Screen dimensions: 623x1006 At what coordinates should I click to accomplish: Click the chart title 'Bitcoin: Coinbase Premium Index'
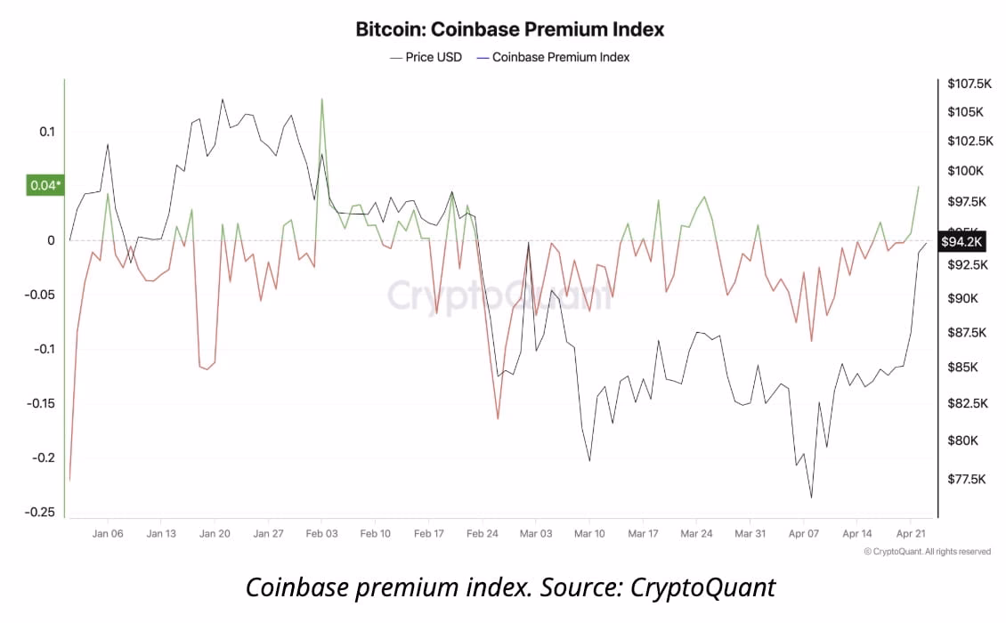click(510, 29)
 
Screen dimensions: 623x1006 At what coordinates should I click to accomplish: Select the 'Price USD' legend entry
click(426, 57)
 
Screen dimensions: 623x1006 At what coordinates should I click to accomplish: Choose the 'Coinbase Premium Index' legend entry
click(553, 57)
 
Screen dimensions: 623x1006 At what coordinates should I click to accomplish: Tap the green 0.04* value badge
click(45, 185)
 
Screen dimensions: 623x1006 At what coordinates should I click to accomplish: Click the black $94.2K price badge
click(961, 241)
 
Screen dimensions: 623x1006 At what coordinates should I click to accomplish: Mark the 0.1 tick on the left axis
click(45, 132)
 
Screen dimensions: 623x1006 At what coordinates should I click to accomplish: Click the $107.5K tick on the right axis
click(969, 84)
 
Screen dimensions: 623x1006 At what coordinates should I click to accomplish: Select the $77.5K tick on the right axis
click(966, 480)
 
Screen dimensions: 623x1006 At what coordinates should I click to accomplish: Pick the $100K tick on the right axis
click(964, 171)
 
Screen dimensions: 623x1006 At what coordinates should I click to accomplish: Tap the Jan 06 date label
click(108, 534)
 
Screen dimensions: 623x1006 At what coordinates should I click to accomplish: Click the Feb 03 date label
click(321, 534)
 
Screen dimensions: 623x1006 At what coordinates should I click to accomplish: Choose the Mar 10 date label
click(589, 534)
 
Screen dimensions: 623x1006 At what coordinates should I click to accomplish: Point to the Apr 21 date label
click(910, 534)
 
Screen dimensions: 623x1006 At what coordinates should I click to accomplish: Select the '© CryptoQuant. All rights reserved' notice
click(927, 552)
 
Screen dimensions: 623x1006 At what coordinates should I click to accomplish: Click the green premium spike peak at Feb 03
click(321, 99)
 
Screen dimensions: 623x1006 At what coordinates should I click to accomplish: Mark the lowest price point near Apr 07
click(811, 498)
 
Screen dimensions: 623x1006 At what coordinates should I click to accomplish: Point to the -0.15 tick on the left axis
click(40, 403)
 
